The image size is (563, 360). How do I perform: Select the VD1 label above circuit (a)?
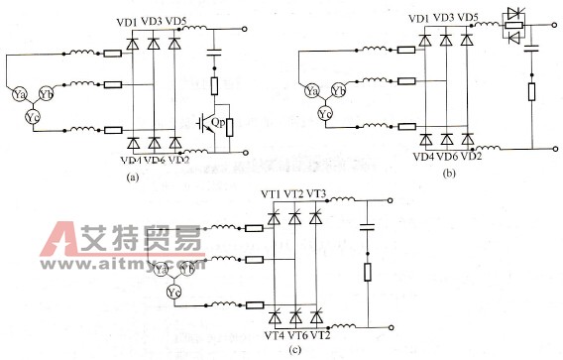coord(128,21)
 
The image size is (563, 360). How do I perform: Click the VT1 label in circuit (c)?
coord(271,192)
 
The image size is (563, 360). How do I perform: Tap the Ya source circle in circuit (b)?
coord(340,92)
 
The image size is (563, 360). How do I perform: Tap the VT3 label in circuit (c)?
coord(317,192)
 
